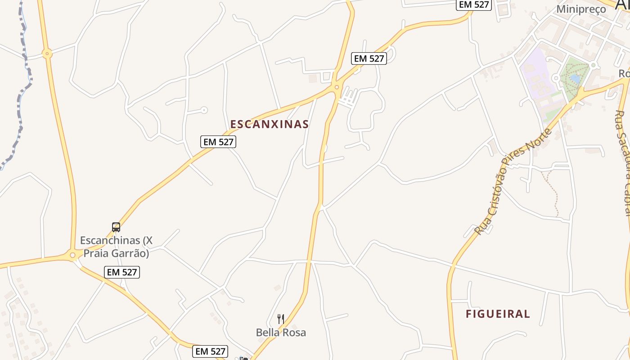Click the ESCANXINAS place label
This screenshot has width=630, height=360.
pos(269,124)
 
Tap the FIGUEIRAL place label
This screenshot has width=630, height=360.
pos(498,314)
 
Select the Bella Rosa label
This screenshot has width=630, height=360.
pos(281,333)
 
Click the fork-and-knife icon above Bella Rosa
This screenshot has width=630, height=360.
pos(281,319)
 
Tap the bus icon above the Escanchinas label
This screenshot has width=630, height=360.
pos(116,227)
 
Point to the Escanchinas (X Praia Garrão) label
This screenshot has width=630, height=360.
pos(116,247)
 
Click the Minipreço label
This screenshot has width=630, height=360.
pos(581,9)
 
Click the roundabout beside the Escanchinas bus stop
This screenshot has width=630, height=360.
pos(72,255)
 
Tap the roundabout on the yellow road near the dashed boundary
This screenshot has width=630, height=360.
pos(47,54)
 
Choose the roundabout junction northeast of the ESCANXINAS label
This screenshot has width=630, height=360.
pos(336,87)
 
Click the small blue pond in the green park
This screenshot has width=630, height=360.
pos(575,79)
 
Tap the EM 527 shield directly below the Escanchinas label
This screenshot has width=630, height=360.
pos(122,272)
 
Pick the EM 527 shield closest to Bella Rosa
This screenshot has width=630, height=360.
pos(210,351)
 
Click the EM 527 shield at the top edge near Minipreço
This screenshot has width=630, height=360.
pos(473,4)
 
